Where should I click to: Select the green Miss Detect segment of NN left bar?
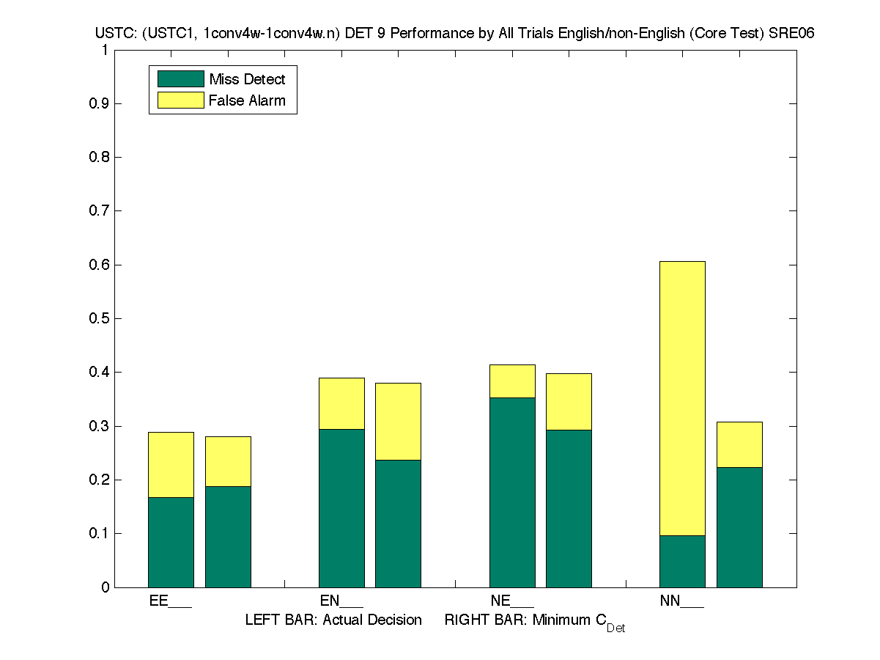[682, 561]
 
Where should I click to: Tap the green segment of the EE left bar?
[171, 542]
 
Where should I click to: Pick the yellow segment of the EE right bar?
[228, 461]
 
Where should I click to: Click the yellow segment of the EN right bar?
[398, 421]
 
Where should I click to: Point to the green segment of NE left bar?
[512, 492]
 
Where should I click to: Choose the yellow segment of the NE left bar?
[512, 381]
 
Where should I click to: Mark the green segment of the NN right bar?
[739, 527]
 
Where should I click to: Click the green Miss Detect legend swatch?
[180, 79]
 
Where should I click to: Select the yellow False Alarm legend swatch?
[180, 100]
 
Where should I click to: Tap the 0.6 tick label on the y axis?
[100, 265]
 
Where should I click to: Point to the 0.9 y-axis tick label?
[100, 103]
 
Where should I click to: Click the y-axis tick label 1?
[105, 50]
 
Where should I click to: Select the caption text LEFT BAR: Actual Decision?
[333, 620]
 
